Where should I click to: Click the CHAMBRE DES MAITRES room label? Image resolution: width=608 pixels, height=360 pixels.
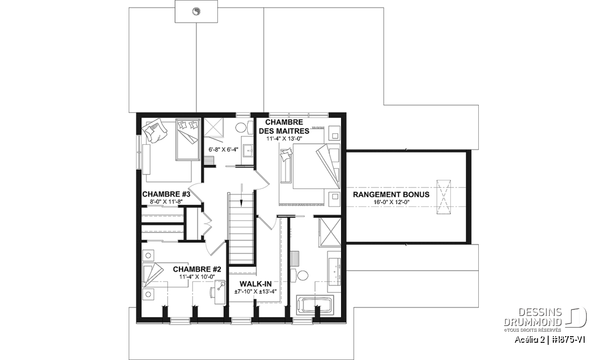tap(284, 127)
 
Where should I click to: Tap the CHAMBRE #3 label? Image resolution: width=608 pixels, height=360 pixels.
tap(166, 194)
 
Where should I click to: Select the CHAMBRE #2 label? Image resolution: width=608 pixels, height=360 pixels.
tap(197, 269)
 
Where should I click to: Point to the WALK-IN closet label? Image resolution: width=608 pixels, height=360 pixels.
tap(256, 284)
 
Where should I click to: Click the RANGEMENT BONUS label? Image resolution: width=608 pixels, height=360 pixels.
tap(391, 194)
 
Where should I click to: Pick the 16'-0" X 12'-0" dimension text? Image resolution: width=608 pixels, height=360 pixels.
tap(391, 202)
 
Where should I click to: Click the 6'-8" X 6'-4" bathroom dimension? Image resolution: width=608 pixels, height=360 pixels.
tap(223, 149)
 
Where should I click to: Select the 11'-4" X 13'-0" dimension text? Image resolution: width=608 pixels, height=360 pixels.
tap(284, 139)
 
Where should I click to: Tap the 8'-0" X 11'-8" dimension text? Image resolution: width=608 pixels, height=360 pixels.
tap(166, 202)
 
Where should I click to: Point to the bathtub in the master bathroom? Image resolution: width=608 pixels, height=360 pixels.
tap(315, 305)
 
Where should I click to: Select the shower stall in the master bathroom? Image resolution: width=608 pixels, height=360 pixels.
tap(329, 232)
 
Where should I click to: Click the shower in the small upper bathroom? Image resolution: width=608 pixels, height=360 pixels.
tap(213, 127)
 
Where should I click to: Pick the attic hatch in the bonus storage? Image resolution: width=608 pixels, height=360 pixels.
tap(443, 197)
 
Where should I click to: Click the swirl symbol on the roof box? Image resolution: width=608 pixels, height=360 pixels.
tap(196, 12)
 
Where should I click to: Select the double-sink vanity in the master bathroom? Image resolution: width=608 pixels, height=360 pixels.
tap(334, 272)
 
